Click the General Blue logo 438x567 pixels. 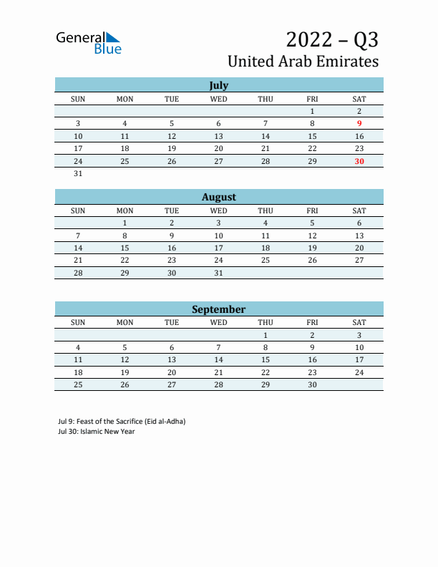(x=89, y=42)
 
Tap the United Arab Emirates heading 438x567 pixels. (x=303, y=62)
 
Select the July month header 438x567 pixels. (x=218, y=85)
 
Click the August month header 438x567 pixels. (x=218, y=197)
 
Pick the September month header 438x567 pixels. (x=218, y=309)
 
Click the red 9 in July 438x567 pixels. (x=359, y=124)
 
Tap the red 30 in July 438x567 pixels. (x=359, y=161)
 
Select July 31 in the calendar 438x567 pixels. (x=78, y=173)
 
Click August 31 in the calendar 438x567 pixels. (x=218, y=273)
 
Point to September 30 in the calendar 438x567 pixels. (x=312, y=384)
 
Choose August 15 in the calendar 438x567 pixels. (x=125, y=248)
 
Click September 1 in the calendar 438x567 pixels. (x=266, y=335)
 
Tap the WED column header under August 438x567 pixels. (x=218, y=210)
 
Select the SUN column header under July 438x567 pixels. (x=78, y=99)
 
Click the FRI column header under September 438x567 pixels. (x=312, y=322)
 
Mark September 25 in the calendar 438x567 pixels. (x=78, y=384)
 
